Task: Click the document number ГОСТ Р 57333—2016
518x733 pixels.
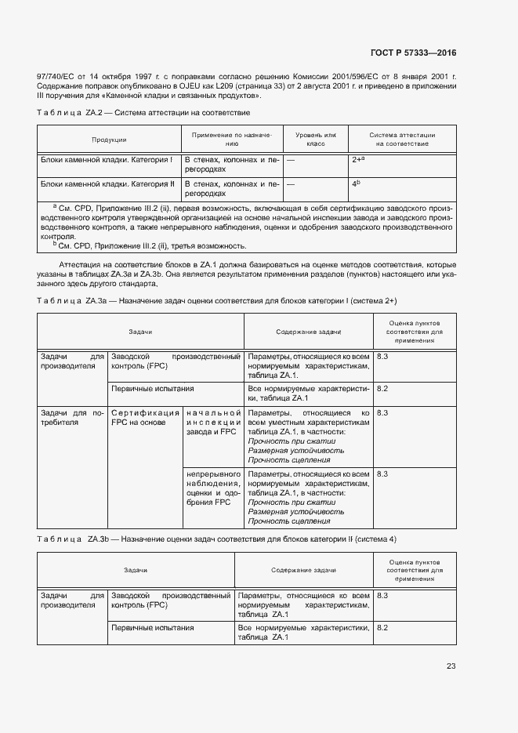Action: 412,53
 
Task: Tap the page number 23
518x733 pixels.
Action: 451,666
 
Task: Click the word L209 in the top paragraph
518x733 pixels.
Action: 241,85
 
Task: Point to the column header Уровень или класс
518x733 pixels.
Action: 315,140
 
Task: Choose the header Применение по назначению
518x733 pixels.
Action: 231,140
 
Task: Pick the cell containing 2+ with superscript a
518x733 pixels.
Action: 359,159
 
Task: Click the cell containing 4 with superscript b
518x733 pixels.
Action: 356,184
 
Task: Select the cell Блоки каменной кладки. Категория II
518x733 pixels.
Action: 107,184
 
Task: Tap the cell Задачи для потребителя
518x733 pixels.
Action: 71,416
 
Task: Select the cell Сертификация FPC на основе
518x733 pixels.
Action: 143,416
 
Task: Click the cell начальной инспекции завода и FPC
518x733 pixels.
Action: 212,422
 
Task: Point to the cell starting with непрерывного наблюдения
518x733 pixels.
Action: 212,488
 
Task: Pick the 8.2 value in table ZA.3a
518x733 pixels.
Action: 382,388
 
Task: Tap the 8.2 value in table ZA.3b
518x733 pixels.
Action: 382,628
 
